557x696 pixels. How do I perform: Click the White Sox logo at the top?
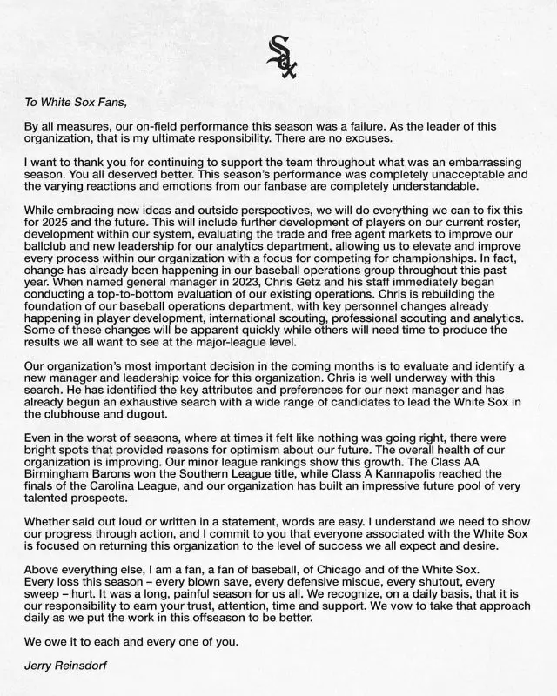[279, 57]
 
